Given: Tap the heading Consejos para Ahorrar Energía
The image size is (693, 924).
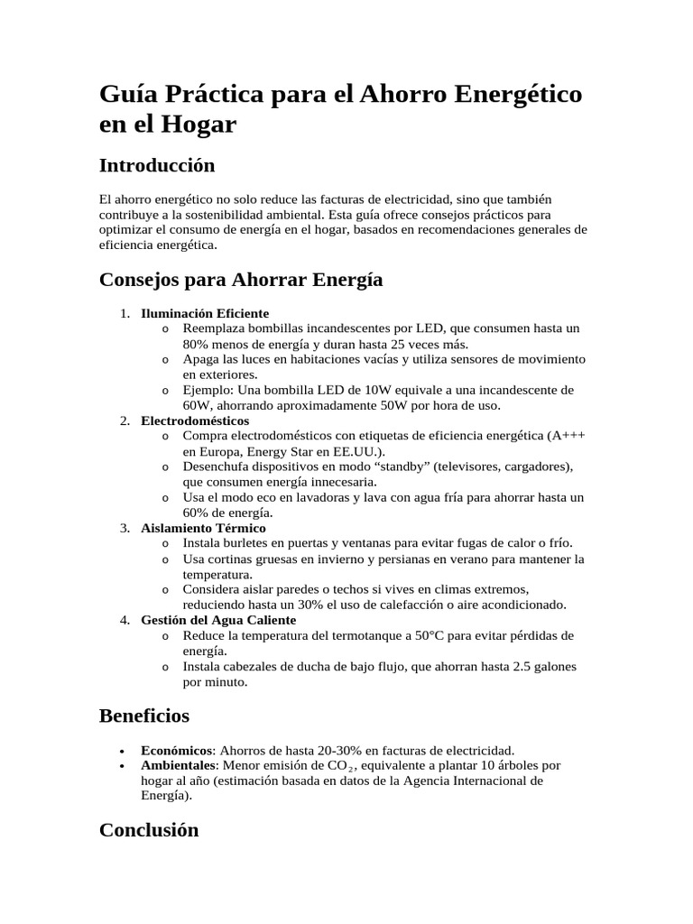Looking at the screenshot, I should tap(240, 280).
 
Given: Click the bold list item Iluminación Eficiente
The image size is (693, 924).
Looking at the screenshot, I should tap(205, 313).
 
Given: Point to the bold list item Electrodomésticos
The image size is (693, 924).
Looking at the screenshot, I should tap(195, 420).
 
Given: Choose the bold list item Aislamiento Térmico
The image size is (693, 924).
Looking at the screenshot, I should tap(203, 528).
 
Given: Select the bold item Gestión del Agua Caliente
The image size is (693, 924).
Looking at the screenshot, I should tap(218, 620).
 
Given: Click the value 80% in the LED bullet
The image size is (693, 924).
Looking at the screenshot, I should tap(197, 344).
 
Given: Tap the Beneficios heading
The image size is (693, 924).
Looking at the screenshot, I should tap(143, 716).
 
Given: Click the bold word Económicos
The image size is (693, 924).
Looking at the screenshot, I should tap(177, 750).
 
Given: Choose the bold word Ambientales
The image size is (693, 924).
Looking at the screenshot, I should tap(178, 765).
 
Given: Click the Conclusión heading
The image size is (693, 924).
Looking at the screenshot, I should tap(148, 830).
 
